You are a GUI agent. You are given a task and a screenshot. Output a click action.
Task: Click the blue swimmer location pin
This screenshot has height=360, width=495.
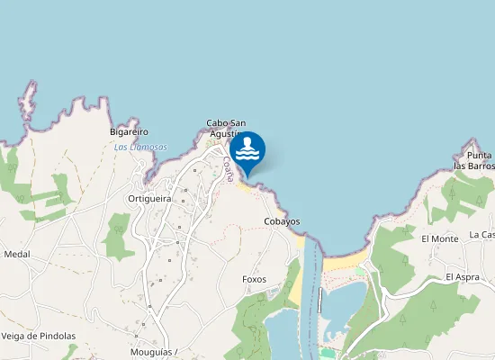pyautogui.click(x=247, y=151)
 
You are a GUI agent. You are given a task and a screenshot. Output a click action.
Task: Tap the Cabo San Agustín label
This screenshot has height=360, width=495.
pyautogui.click(x=226, y=129)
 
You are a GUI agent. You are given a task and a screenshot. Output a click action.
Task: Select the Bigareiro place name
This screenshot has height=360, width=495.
pyautogui.click(x=129, y=131)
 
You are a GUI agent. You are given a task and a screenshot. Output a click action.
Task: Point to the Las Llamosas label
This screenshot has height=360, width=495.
pyautogui.click(x=140, y=147)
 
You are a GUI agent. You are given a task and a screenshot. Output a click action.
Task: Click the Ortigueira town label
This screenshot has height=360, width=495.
pyautogui.click(x=149, y=198)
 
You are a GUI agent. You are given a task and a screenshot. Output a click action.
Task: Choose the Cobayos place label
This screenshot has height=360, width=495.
pyautogui.click(x=282, y=221)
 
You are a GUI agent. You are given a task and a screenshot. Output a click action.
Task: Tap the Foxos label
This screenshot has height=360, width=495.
pyautogui.click(x=255, y=279)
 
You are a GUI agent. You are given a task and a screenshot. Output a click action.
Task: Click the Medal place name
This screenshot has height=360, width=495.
pyautogui.click(x=17, y=255)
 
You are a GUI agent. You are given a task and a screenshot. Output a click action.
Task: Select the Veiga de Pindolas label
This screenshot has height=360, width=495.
pyautogui.click(x=39, y=336)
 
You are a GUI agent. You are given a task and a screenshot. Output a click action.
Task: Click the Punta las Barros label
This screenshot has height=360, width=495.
pyautogui.click(x=473, y=161)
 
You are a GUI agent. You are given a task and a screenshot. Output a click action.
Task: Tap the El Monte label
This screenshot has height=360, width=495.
pyautogui.click(x=440, y=238)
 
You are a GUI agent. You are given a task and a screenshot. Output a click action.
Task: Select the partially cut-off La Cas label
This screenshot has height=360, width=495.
pyautogui.click(x=481, y=235)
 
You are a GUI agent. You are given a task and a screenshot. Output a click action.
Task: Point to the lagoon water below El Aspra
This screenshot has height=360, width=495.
pyautogui.click(x=342, y=306)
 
